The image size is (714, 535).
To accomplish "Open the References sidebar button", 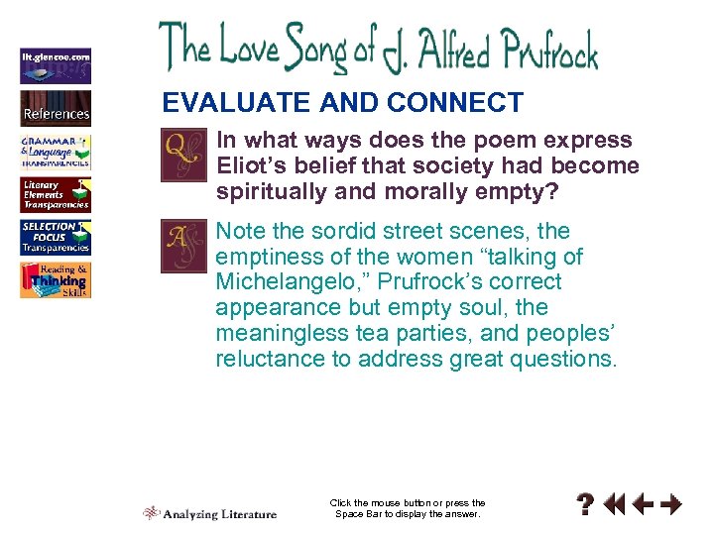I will tap(56, 107).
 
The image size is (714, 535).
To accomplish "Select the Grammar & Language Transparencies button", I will tap(56, 152).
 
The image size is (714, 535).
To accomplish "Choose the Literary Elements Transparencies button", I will tap(56, 195).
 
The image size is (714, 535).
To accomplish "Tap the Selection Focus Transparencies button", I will tap(56, 238).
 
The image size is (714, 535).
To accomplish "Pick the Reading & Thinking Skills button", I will tap(56, 280).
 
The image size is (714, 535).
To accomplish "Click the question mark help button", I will tap(587, 505).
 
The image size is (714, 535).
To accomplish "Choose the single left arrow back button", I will tap(642, 505).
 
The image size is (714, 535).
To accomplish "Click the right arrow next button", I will tap(671, 505).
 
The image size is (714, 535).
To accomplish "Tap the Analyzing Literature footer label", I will tap(219, 513).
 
